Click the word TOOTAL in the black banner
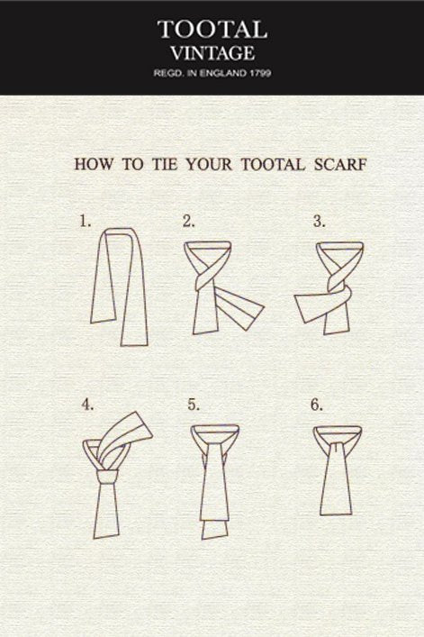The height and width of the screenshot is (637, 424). pyautogui.click(x=212, y=30)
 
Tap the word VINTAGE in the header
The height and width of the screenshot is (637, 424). pyautogui.click(x=212, y=53)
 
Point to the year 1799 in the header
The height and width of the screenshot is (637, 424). pyautogui.click(x=260, y=73)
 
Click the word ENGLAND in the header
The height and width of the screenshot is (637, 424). pyautogui.click(x=223, y=73)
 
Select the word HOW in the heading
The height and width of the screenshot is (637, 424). pyautogui.click(x=95, y=165)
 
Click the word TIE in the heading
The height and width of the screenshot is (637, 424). pyautogui.click(x=165, y=165)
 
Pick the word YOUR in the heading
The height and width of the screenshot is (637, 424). pyautogui.click(x=209, y=165)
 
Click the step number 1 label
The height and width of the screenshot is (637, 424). pyautogui.click(x=85, y=222)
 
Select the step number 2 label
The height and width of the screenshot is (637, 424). pyautogui.click(x=189, y=222)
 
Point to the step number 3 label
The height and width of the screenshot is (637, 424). pyautogui.click(x=319, y=222)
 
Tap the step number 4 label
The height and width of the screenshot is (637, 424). pyautogui.click(x=87, y=405)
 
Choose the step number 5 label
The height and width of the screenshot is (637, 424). pyautogui.click(x=194, y=405)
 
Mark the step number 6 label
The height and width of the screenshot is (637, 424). pyautogui.click(x=317, y=405)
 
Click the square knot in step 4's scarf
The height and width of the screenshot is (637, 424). pyautogui.click(x=107, y=477)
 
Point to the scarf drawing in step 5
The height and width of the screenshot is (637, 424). pyautogui.click(x=215, y=484)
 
